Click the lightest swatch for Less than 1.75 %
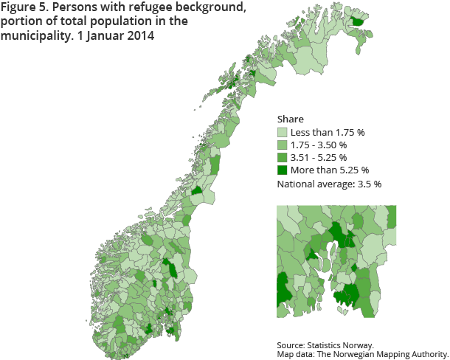[x=283, y=133]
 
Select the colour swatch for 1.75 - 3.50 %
[x=283, y=145]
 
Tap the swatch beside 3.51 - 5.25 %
[x=283, y=158]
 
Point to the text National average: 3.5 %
[x=328, y=184]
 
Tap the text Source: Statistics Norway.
[x=325, y=345]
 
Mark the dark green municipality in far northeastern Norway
[x=359, y=21]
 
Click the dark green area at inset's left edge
[x=283, y=287]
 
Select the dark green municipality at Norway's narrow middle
[x=197, y=190]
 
